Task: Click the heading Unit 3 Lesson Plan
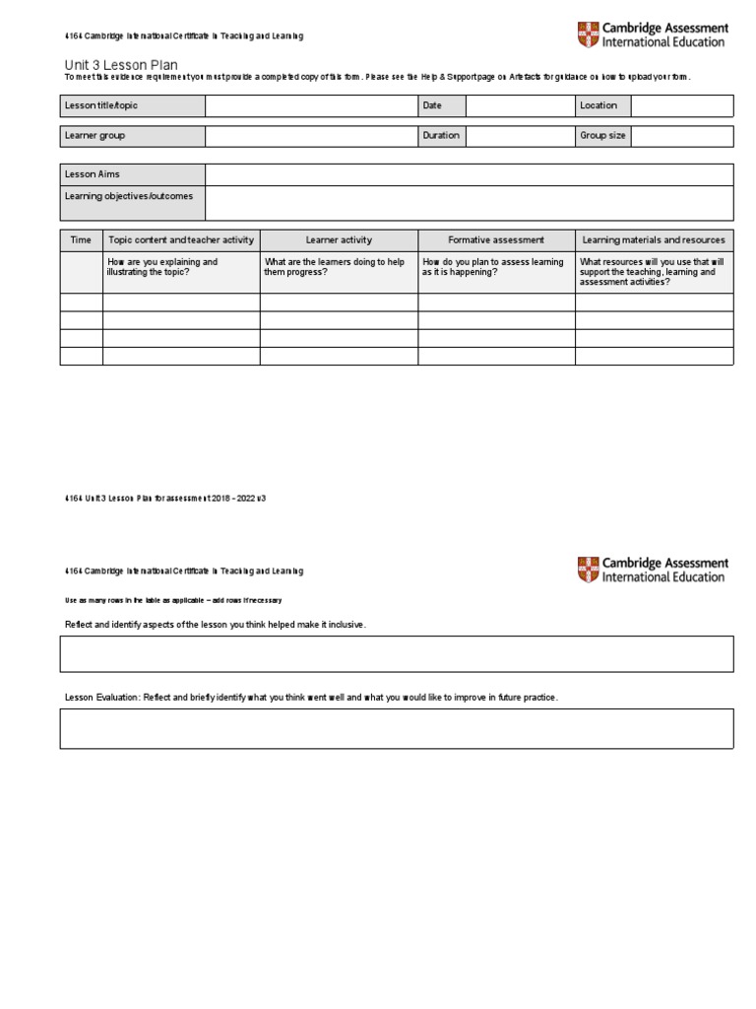(x=121, y=65)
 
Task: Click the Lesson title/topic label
(x=101, y=105)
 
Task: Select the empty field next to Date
(x=520, y=105)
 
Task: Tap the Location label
(x=598, y=105)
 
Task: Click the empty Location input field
(x=681, y=105)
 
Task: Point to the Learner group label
(x=95, y=136)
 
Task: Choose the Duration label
(x=441, y=136)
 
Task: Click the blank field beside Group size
(x=681, y=136)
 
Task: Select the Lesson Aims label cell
(x=93, y=174)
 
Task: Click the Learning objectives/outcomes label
(x=129, y=196)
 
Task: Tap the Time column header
(x=81, y=240)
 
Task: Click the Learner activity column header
(x=339, y=240)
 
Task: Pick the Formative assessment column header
(x=496, y=240)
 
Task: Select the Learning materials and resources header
(x=654, y=240)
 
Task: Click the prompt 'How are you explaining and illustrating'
(x=163, y=267)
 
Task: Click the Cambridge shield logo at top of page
(x=587, y=35)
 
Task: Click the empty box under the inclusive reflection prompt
(x=397, y=653)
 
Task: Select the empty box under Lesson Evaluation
(x=397, y=728)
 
